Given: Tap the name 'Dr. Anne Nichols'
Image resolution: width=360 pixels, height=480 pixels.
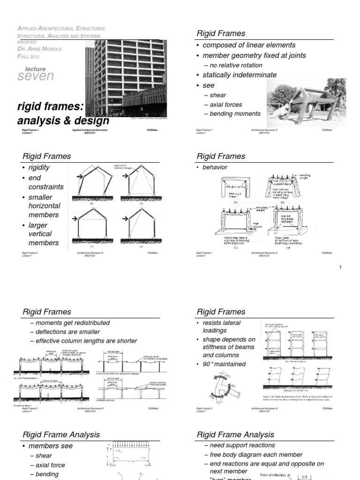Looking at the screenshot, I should (x=39, y=49).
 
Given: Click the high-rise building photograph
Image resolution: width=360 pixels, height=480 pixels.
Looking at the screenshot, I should (x=124, y=77).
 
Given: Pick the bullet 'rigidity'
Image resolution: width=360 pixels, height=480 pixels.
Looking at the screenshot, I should (x=39, y=168).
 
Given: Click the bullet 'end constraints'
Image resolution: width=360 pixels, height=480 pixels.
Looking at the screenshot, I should (x=45, y=182).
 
